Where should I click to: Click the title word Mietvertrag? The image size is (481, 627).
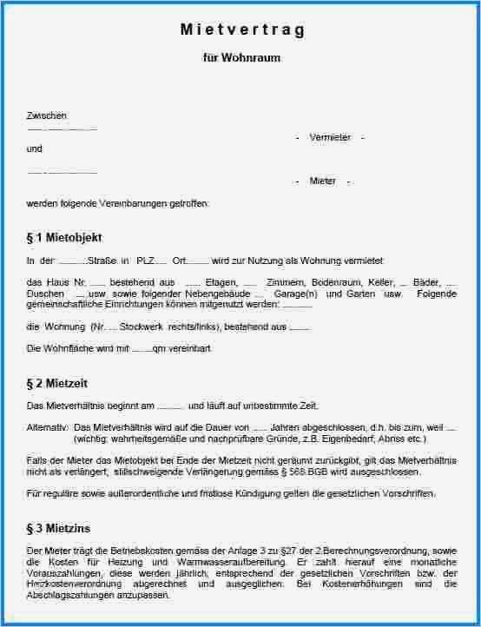click(242, 30)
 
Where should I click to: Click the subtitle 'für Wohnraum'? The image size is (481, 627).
click(241, 58)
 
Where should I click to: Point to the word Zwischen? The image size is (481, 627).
click(47, 115)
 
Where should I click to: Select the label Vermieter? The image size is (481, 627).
click(330, 137)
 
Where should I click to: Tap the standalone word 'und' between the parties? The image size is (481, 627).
click(34, 148)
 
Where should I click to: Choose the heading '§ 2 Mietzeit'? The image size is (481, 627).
click(57, 383)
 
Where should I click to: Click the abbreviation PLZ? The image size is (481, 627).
click(146, 261)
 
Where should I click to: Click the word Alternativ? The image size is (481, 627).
click(47, 427)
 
